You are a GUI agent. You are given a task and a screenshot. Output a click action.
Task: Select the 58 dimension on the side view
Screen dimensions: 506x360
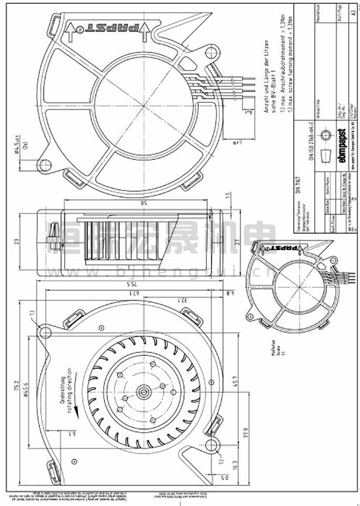(x=131, y=204)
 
